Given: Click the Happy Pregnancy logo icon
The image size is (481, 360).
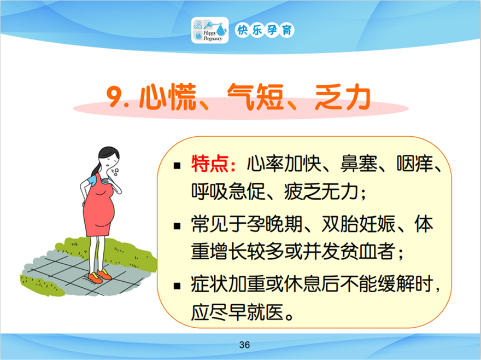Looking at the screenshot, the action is (x=210, y=30).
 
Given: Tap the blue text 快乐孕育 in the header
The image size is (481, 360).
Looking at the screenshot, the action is (x=265, y=31).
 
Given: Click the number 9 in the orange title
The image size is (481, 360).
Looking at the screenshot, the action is (x=114, y=96).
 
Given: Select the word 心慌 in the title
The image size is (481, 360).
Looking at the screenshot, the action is (x=168, y=97).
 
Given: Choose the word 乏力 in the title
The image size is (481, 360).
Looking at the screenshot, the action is (x=343, y=97).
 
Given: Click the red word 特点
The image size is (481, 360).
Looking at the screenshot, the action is (x=210, y=164).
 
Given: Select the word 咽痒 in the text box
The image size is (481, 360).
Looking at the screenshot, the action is (x=415, y=164).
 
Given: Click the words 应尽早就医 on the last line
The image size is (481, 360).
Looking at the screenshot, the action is (x=237, y=312).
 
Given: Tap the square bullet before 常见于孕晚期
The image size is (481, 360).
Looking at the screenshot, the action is (x=177, y=227).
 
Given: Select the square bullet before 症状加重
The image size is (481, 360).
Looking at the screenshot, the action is (x=177, y=286).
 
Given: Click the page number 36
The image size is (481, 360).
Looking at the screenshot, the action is (x=244, y=345).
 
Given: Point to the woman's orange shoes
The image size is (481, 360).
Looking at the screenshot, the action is (x=99, y=276).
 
